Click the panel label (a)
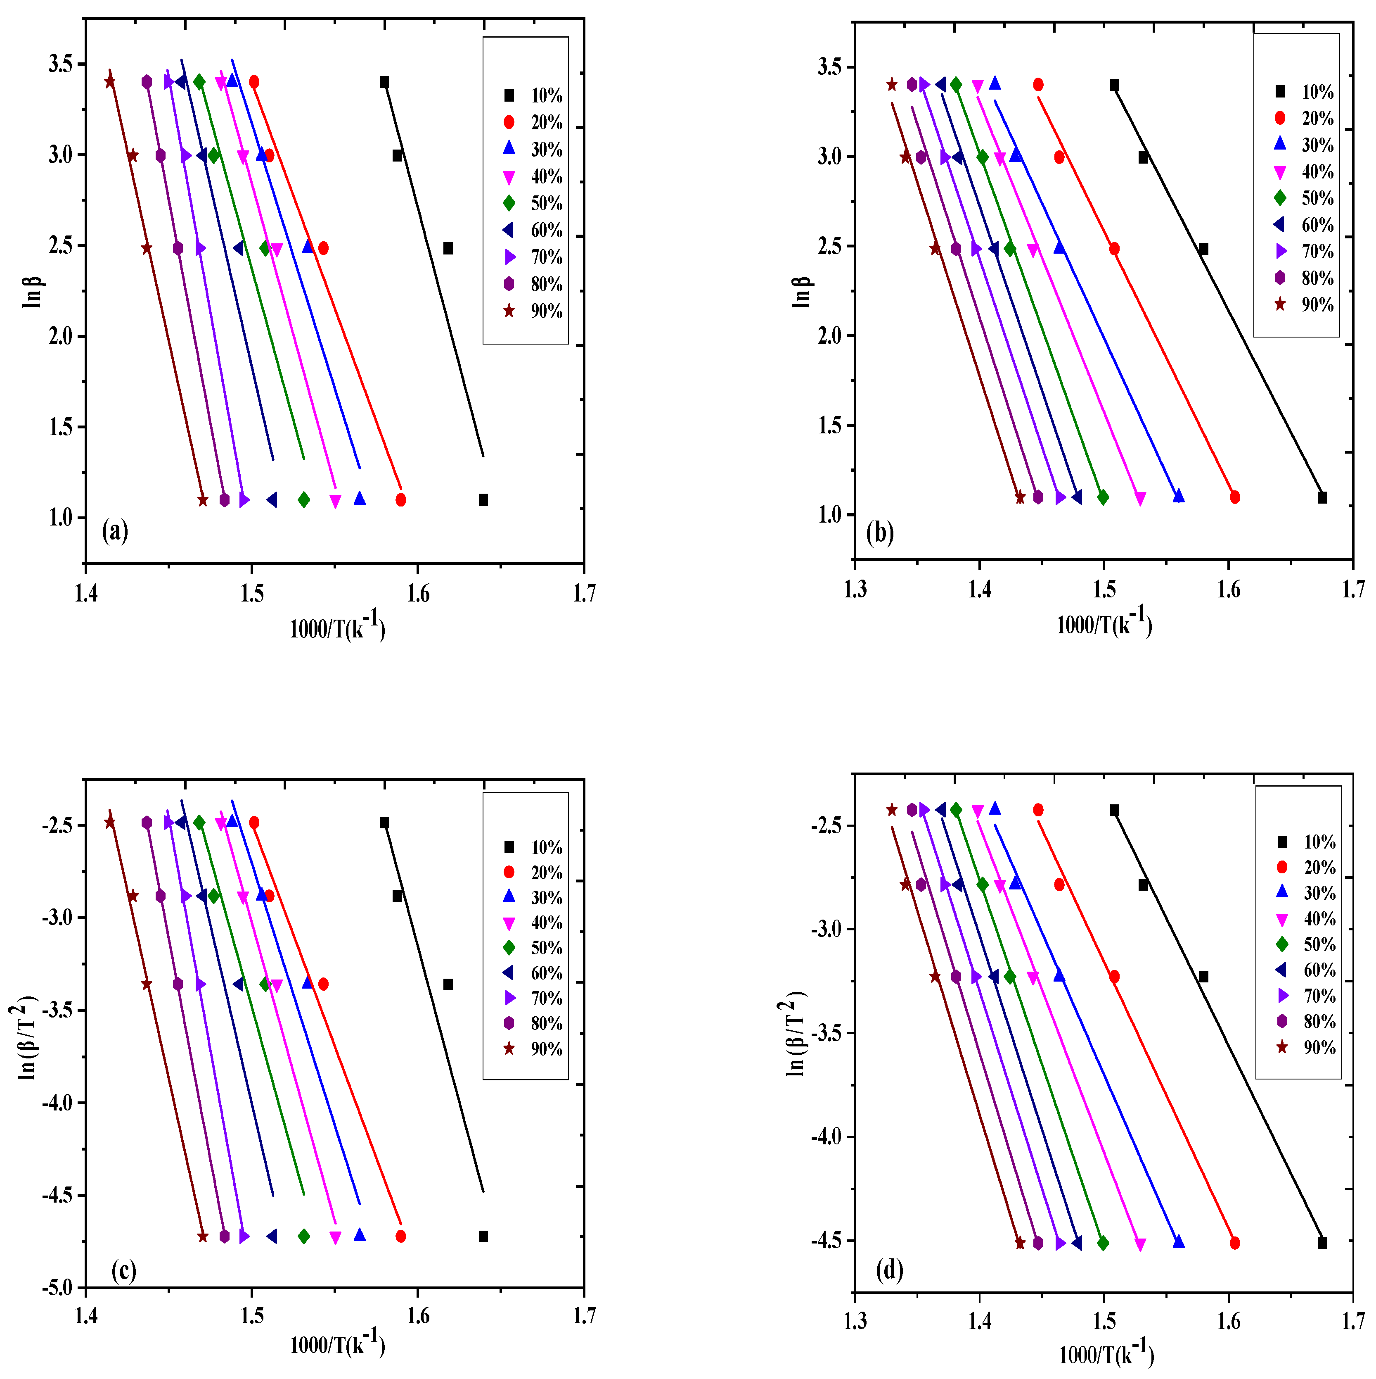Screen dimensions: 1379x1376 click(x=115, y=530)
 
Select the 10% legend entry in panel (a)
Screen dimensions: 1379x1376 click(x=533, y=96)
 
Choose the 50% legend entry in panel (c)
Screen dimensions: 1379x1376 click(x=533, y=947)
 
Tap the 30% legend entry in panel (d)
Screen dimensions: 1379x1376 click(x=1306, y=892)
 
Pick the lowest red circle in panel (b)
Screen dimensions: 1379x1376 click(x=1235, y=497)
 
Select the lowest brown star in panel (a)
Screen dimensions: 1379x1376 click(x=203, y=500)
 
